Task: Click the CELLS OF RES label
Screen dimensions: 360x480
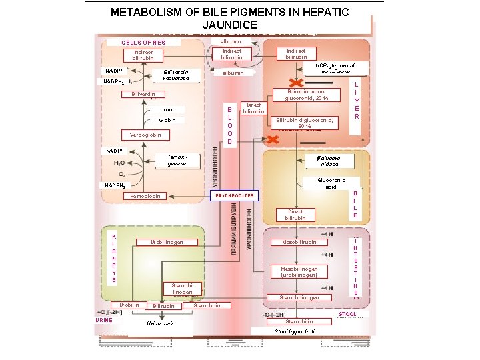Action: coord(143,43)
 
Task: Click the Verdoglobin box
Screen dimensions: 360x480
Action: coord(145,135)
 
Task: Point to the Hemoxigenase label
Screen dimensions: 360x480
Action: coord(177,160)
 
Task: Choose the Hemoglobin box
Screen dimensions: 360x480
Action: coord(145,196)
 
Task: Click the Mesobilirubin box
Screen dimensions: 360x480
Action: coord(299,242)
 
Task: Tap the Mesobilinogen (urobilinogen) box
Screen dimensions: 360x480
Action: coord(299,271)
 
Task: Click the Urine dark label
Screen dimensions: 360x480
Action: coord(160,323)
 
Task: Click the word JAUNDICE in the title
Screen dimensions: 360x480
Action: coord(239,25)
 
